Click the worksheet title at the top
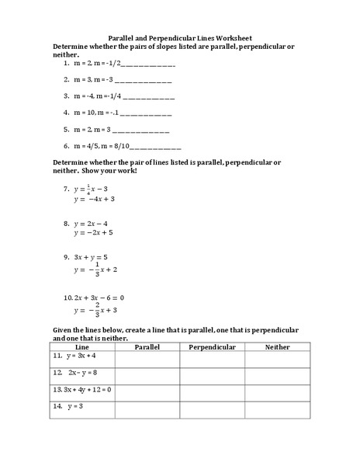(179, 37)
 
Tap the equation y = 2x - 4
(93, 224)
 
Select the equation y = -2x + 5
(94, 232)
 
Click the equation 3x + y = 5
(90, 256)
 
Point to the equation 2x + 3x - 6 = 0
(99, 297)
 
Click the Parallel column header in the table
(147, 346)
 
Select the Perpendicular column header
(212, 346)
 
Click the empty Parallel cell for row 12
(147, 373)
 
